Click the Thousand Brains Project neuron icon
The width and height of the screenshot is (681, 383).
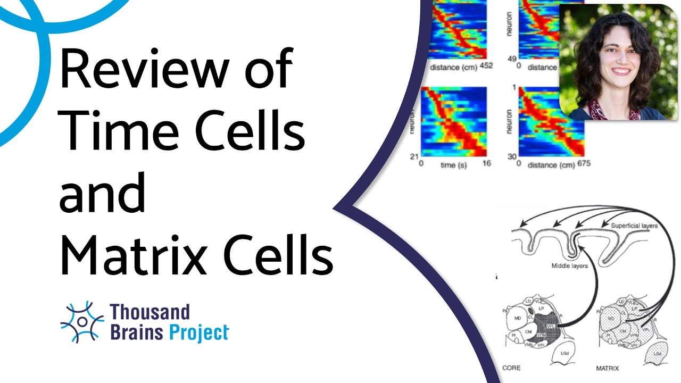point(82,322)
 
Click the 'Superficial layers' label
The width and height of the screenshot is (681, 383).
point(634,226)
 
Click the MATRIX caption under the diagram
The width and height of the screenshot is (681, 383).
point(608,368)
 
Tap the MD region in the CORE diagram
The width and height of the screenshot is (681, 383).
point(517,319)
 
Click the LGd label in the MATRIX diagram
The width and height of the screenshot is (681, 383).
point(658,353)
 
